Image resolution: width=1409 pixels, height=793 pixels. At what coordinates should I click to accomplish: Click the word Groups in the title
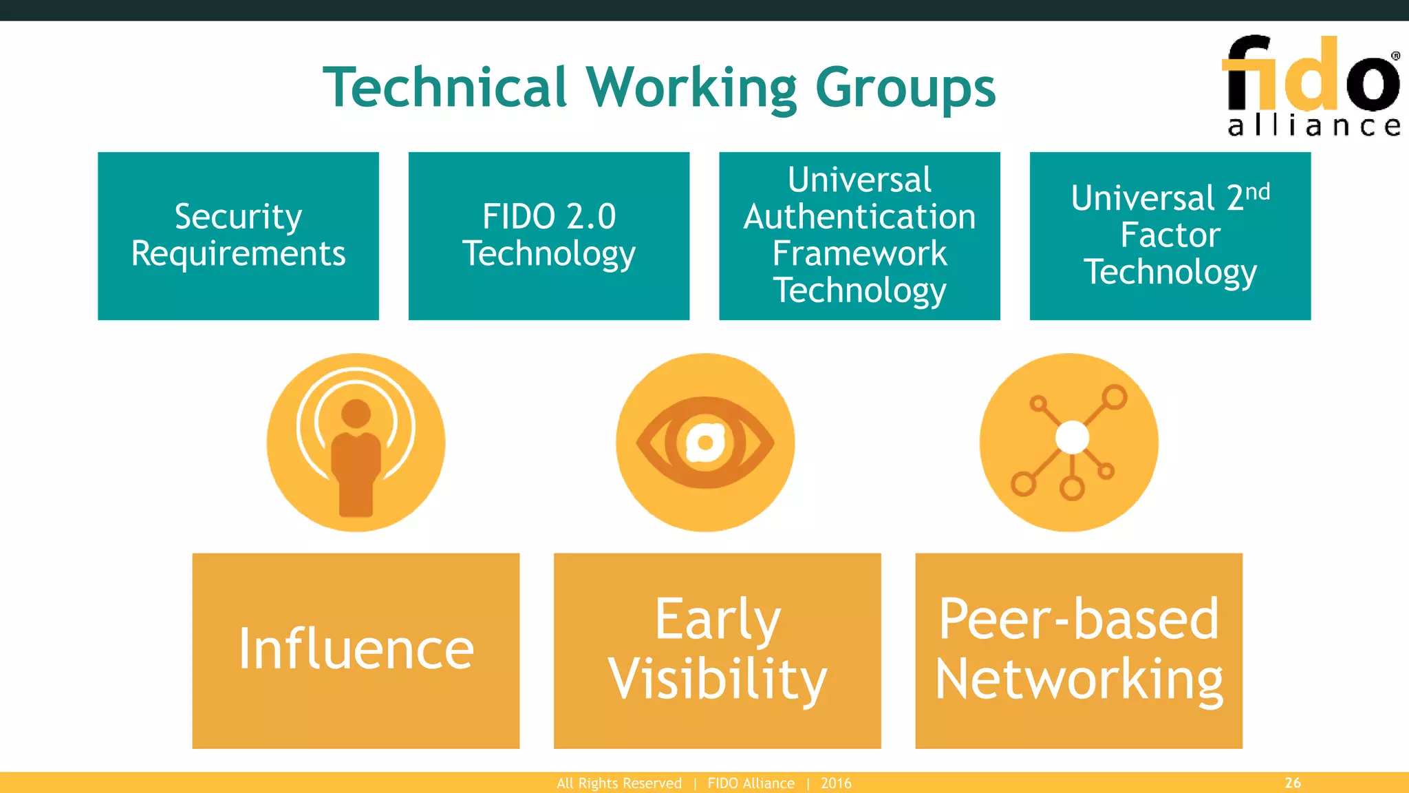click(x=905, y=89)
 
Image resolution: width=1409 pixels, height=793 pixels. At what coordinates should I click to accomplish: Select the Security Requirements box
click(x=238, y=235)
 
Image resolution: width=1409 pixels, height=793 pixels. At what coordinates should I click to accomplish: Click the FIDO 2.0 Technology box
click(x=548, y=235)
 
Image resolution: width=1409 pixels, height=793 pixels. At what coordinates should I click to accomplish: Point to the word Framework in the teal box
click(x=859, y=253)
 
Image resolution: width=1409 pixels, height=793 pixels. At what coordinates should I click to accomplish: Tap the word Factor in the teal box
click(x=1170, y=235)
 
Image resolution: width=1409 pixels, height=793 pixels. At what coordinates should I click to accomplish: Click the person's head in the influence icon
click(x=356, y=414)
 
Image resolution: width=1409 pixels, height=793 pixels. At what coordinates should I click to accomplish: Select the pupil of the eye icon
click(x=705, y=442)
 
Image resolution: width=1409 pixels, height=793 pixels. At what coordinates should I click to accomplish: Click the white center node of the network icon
click(x=1072, y=437)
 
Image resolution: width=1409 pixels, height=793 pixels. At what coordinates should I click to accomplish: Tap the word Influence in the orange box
click(x=356, y=649)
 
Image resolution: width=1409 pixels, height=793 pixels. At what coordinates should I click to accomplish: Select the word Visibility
click(x=718, y=679)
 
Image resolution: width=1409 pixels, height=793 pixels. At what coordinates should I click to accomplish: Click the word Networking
click(x=1078, y=679)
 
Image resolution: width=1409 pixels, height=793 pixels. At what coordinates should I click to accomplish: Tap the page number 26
click(x=1292, y=783)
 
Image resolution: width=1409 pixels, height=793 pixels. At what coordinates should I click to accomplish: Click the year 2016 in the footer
click(x=836, y=783)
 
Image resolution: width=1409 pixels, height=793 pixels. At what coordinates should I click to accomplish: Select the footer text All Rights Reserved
click(x=619, y=783)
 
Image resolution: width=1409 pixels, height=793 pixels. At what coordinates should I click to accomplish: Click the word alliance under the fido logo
click(x=1313, y=126)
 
